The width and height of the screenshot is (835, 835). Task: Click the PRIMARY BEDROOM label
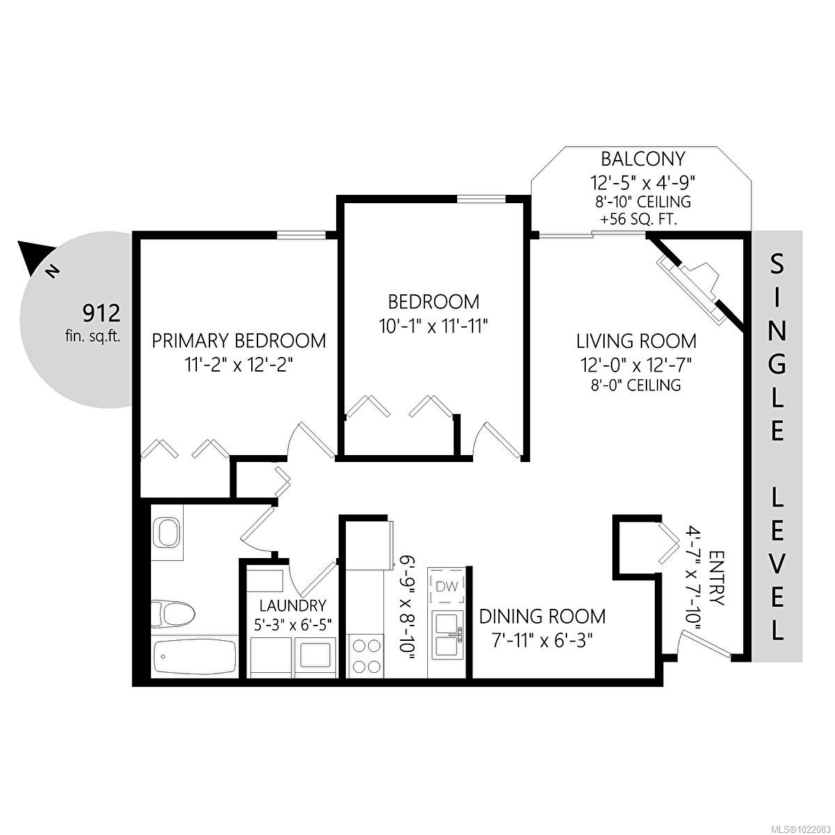click(x=239, y=341)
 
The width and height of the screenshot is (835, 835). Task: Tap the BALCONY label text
click(x=633, y=159)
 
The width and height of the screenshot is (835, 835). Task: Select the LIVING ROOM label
click(x=636, y=341)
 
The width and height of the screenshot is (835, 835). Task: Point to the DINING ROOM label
click(x=542, y=617)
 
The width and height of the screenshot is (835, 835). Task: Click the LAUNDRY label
click(x=292, y=605)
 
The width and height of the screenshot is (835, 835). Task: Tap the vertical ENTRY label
click(x=717, y=578)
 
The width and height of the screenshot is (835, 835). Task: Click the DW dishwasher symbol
click(x=447, y=587)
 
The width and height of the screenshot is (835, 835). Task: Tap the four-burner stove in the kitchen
click(x=365, y=655)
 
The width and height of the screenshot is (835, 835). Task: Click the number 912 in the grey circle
click(x=102, y=312)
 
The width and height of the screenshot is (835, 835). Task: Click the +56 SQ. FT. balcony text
click(x=635, y=219)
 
